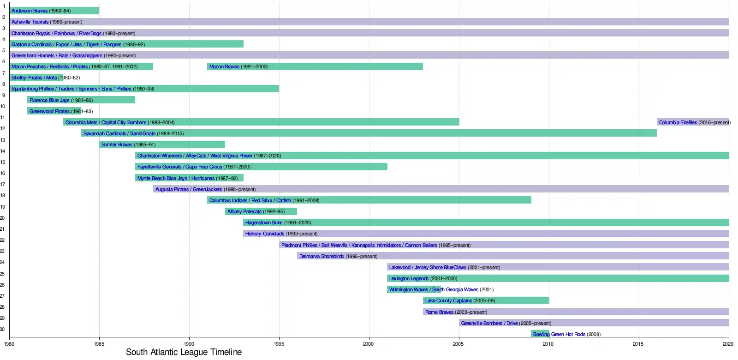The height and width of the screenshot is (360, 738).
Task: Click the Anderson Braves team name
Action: (x=30, y=11)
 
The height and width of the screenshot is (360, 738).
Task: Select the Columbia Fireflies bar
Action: (x=693, y=122)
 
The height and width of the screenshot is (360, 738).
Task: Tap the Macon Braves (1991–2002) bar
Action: (x=315, y=66)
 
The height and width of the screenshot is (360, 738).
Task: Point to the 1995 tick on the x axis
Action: (x=279, y=343)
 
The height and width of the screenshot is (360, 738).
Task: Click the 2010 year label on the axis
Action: (x=548, y=343)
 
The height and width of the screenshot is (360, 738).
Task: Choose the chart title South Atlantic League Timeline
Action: (x=184, y=352)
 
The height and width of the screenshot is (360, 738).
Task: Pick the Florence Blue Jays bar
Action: (x=81, y=100)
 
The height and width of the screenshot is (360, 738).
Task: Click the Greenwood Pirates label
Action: (x=50, y=111)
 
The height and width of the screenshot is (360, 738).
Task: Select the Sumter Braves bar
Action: (x=162, y=144)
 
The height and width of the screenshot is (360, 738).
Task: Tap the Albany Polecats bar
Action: (x=261, y=211)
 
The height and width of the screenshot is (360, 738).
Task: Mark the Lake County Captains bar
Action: (x=486, y=300)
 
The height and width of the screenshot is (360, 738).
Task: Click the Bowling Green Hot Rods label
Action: (x=559, y=334)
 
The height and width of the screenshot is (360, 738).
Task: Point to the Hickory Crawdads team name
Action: (x=265, y=234)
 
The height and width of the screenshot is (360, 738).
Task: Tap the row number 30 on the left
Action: (x=2, y=329)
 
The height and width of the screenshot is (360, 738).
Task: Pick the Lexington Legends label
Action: (x=409, y=278)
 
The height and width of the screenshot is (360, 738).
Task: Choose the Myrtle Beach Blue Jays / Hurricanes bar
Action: (x=189, y=178)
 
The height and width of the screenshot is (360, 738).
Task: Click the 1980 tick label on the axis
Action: (x=9, y=343)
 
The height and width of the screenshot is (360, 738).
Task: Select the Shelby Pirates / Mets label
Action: (x=34, y=78)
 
